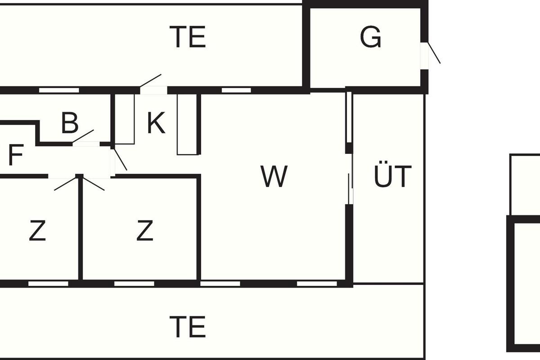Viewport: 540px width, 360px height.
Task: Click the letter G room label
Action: click(x=370, y=37)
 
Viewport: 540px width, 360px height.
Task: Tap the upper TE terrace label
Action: click(x=188, y=37)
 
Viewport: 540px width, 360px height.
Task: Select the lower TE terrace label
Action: click(x=188, y=327)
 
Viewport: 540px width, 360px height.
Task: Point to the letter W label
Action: click(x=274, y=176)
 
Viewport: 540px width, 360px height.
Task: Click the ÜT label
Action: click(x=392, y=174)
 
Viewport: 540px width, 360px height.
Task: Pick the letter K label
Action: click(x=156, y=123)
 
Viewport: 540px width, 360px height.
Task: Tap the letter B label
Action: click(x=70, y=123)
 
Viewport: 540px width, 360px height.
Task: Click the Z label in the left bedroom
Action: click(x=37, y=230)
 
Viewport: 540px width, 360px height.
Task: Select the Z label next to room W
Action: click(x=144, y=230)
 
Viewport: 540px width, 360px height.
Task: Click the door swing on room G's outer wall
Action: click(x=434, y=53)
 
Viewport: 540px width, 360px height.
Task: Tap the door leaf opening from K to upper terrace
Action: click(x=150, y=81)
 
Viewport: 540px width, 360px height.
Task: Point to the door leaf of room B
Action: click(x=83, y=136)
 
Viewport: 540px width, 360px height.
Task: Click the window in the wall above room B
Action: click(x=59, y=90)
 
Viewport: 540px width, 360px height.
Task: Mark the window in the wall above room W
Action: click(x=236, y=90)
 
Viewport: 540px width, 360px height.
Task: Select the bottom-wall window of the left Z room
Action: click(x=48, y=284)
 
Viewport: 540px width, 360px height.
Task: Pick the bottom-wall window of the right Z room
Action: click(x=134, y=284)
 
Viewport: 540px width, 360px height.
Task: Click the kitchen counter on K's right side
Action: click(x=187, y=124)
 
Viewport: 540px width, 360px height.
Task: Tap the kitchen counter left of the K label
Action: click(x=124, y=119)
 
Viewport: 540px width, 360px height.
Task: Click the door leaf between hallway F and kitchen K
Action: click(x=120, y=159)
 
